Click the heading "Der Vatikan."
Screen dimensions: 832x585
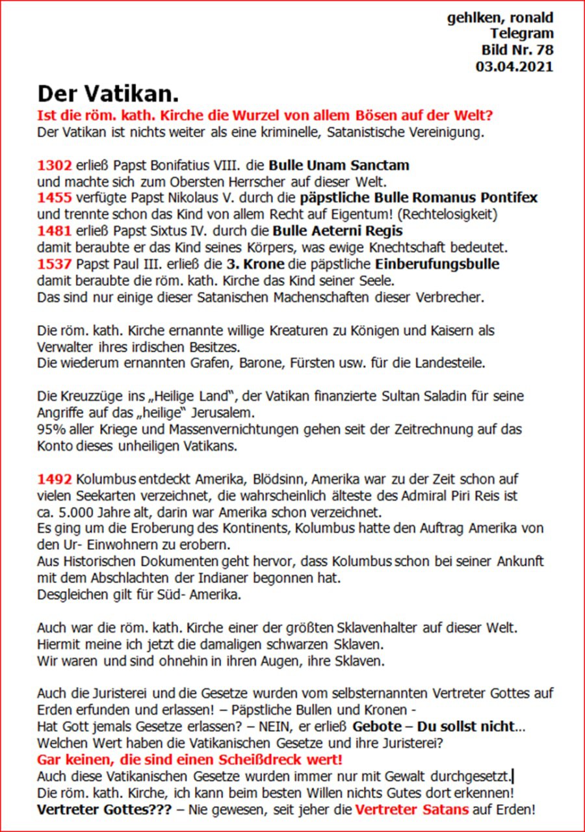point(108,94)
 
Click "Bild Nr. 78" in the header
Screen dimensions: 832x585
point(517,50)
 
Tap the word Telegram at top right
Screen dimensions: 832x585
point(522,34)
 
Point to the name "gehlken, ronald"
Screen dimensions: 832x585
point(500,18)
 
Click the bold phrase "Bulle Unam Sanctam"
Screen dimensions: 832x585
point(339,165)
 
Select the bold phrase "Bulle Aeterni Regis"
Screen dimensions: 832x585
point(337,231)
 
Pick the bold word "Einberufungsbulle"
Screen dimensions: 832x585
point(437,264)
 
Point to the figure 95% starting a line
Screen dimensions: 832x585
point(49,430)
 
